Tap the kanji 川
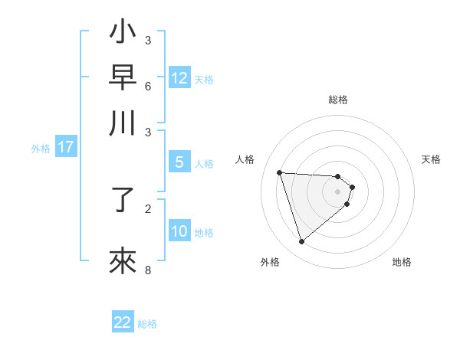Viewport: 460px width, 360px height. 124,123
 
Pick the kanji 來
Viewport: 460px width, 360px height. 124,260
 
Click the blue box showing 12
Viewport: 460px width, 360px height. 179,78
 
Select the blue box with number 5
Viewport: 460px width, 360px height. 179,162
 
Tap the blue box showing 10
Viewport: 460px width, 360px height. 179,231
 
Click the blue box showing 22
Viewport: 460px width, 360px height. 123,322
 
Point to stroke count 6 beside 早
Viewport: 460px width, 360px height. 148,85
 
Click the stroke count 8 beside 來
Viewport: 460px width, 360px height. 148,269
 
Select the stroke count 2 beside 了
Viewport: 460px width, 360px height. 148,208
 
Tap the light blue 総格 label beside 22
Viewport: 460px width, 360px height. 147,324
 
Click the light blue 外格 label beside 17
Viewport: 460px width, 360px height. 40,149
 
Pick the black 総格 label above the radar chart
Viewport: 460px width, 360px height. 338,100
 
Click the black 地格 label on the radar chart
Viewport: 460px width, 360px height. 402,262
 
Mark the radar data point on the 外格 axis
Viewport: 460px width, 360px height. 301,242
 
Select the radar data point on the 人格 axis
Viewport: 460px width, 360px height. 279,172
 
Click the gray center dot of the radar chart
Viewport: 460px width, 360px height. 338,191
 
